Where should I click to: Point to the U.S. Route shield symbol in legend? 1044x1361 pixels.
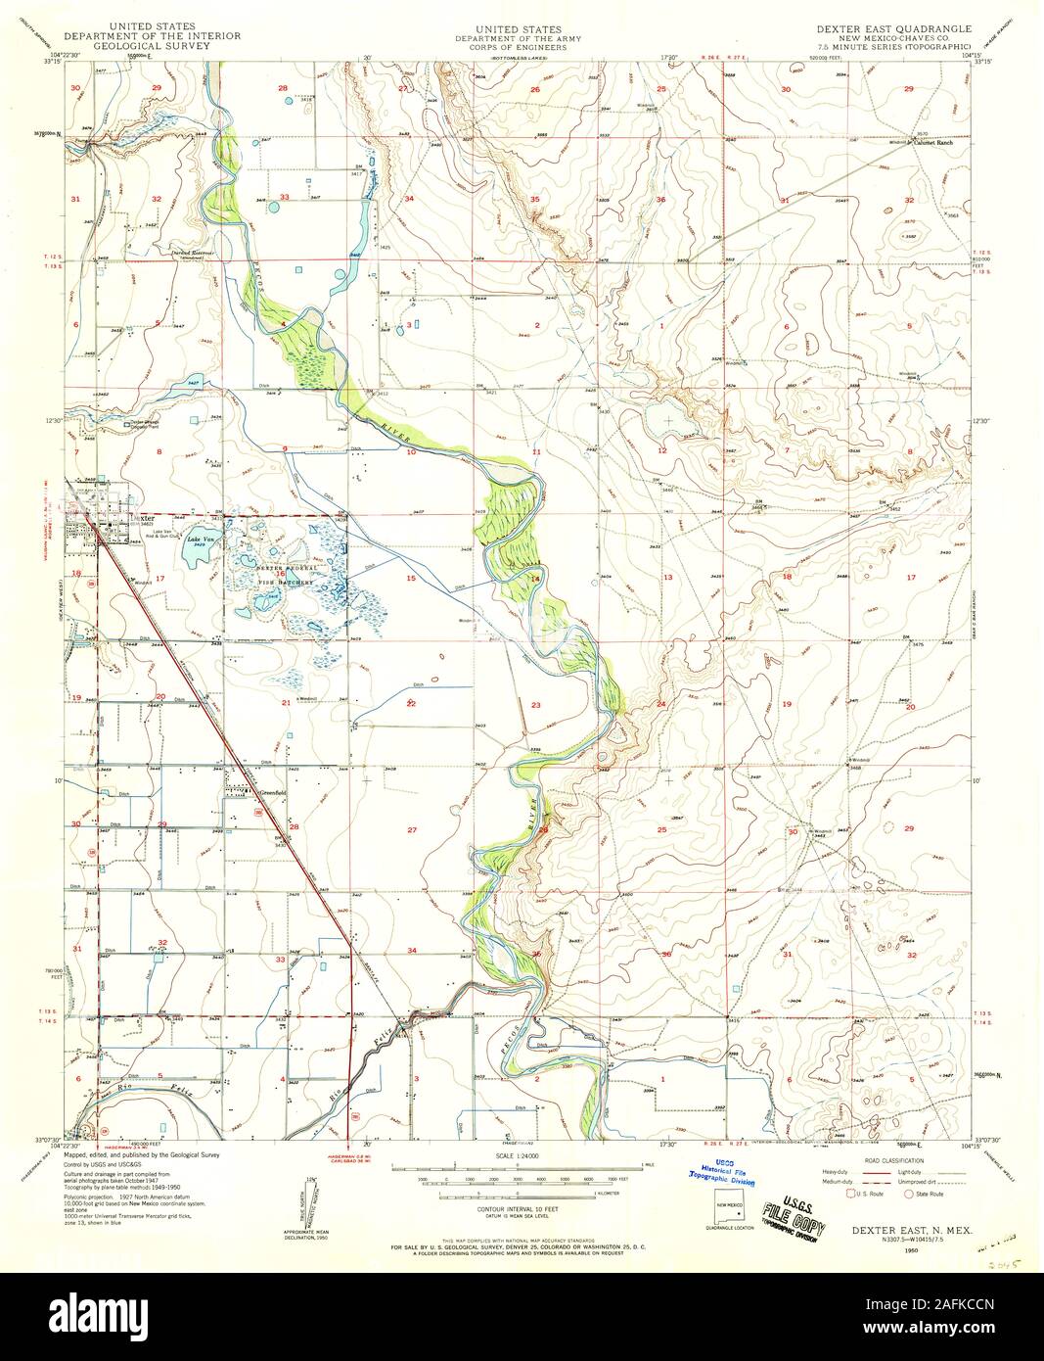click(849, 1195)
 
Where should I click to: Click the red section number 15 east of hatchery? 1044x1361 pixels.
click(412, 579)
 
